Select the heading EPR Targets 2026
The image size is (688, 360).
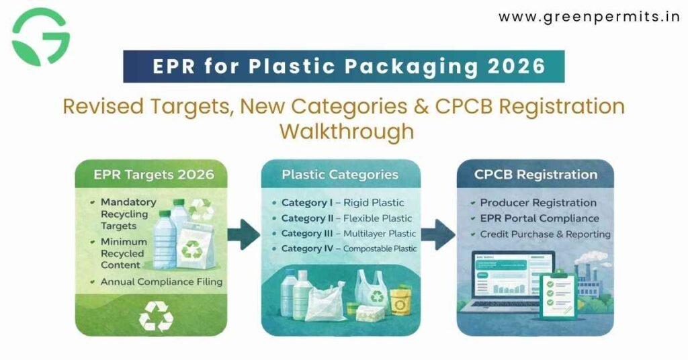point(154,175)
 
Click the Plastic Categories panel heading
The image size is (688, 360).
point(340,175)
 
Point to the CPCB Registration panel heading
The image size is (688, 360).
point(535,175)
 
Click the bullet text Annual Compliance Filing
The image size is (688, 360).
point(161,281)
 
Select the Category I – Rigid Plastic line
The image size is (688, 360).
point(342,203)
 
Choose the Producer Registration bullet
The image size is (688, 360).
point(537,203)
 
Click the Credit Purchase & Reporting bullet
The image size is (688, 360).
point(544,234)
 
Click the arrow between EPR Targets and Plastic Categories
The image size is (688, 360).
point(243,235)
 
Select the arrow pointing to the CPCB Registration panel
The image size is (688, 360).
point(439,235)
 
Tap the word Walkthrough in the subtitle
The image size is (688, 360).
point(346,131)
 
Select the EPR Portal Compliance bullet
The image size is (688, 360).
point(539,218)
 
